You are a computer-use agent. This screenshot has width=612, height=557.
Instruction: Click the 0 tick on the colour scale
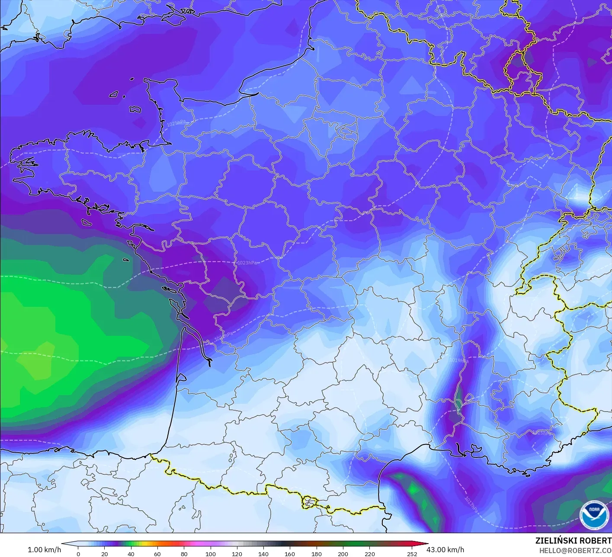pyautogui.click(x=78, y=554)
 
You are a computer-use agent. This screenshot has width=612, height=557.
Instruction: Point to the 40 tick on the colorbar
pyautogui.click(x=131, y=554)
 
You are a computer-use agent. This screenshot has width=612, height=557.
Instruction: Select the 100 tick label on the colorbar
pyautogui.click(x=211, y=554)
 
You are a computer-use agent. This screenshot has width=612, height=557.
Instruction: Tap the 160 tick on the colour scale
pyautogui.click(x=290, y=554)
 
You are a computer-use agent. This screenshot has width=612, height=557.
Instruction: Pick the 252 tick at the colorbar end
pyautogui.click(x=412, y=554)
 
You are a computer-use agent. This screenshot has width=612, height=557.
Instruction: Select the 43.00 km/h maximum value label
pyautogui.click(x=445, y=550)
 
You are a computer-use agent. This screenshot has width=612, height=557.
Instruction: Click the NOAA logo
pyautogui.click(x=593, y=515)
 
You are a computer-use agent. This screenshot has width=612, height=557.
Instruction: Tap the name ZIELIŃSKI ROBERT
pyautogui.click(x=573, y=541)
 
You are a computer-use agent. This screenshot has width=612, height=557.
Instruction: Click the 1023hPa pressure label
pyautogui.click(x=247, y=263)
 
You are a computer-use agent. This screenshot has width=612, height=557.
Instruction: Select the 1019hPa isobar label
pyautogui.click(x=458, y=360)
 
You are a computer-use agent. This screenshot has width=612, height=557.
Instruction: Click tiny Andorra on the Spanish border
pyautogui.click(x=310, y=502)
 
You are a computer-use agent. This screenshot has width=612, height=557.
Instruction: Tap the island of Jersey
pyautogui.click(x=135, y=109)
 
